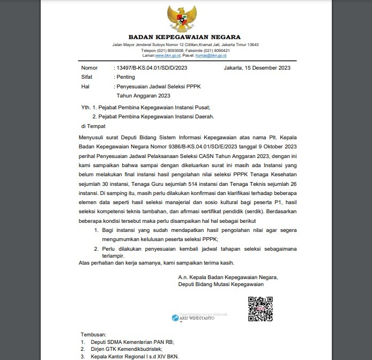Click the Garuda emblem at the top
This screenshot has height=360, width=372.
pyautogui.click(x=185, y=19)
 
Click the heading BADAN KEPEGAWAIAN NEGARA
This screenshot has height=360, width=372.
pyautogui.click(x=185, y=37)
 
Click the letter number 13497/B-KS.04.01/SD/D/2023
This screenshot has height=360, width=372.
pyautogui.click(x=152, y=68)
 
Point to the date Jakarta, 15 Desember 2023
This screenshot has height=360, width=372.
pyautogui.click(x=257, y=68)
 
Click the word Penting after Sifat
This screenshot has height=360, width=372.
pyautogui.click(x=126, y=77)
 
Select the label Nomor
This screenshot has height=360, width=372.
pyautogui.click(x=90, y=68)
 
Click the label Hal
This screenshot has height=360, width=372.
pyautogui.click(x=85, y=86)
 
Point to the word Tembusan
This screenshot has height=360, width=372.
pyautogui.click(x=94, y=334)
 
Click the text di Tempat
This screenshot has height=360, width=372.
pyautogui.click(x=93, y=126)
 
